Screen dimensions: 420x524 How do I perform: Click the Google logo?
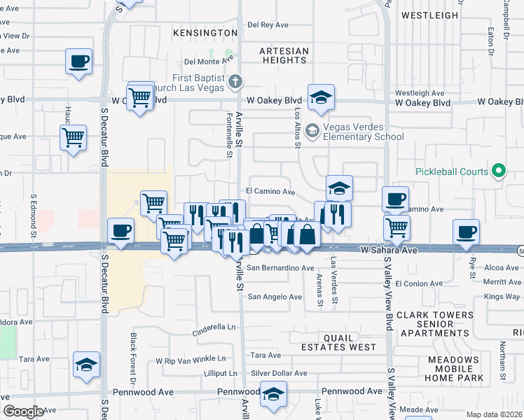(23, 412)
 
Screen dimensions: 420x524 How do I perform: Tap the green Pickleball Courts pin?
(498, 171)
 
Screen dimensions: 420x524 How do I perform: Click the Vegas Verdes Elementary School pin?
(313, 130)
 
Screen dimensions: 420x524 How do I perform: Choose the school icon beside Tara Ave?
(86, 365)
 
